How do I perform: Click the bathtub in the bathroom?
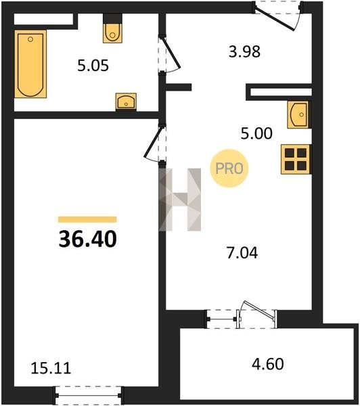point(30,64)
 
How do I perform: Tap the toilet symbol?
point(112,33)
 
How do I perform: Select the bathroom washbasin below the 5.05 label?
point(126,101)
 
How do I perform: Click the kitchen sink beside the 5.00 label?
point(298,114)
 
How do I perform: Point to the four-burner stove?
point(296,159)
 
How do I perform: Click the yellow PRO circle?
point(229,168)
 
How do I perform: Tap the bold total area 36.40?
point(88,240)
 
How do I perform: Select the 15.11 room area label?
point(51,368)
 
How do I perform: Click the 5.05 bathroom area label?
point(93,66)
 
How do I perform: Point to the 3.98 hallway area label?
point(244,51)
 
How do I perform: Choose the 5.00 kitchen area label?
point(256,133)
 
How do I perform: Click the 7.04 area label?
point(242,253)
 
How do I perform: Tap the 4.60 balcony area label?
point(268,364)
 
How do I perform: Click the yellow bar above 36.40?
point(87,219)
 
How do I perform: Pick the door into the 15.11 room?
point(154,142)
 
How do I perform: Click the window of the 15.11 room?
point(89,395)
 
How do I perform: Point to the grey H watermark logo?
point(180,200)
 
